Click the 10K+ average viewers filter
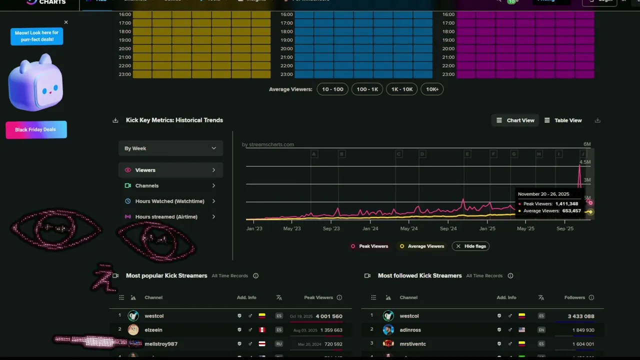pyautogui.click(x=432, y=89)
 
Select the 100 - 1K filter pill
pyautogui.click(x=367, y=89)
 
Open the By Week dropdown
pyautogui.click(x=170, y=148)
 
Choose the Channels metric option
pyautogui.click(x=147, y=185)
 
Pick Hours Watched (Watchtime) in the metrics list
pyautogui.click(x=169, y=201)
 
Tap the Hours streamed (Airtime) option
pyautogui.click(x=166, y=216)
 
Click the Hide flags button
pyautogui.click(x=470, y=246)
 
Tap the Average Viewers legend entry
pyautogui.click(x=422, y=246)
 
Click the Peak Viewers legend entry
pyautogui.click(x=369, y=246)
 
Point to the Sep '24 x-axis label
pyautogui.click(x=448, y=228)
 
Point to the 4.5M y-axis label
pyautogui.click(x=584, y=162)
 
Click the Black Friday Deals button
pyautogui.click(x=36, y=129)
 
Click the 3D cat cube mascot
pyautogui.click(x=35, y=82)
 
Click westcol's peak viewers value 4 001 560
pyautogui.click(x=328, y=316)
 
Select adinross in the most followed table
pyautogui.click(x=410, y=330)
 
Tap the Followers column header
pyautogui.click(x=574, y=297)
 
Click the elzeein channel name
pyautogui.click(x=153, y=330)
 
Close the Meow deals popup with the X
pyautogui.click(x=66, y=22)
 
